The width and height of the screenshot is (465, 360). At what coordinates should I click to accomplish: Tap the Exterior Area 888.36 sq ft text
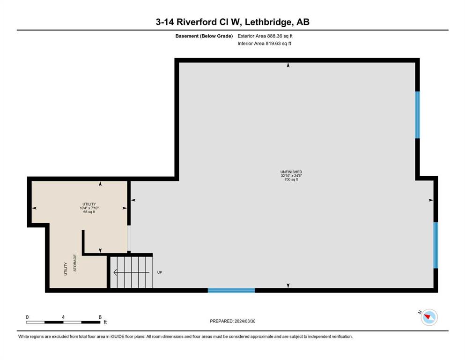point(265,36)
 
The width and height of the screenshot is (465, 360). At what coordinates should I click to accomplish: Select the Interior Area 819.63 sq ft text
point(264,43)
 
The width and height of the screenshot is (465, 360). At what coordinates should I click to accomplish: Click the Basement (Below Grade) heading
point(204,36)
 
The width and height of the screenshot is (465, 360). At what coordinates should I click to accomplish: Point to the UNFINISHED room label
point(291,172)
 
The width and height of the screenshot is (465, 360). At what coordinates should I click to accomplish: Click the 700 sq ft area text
point(291,180)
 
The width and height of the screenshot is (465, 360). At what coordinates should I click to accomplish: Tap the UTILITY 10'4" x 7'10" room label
point(89,206)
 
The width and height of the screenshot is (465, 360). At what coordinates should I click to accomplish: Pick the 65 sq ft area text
point(89,212)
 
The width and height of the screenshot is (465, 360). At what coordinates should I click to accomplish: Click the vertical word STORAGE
point(75,263)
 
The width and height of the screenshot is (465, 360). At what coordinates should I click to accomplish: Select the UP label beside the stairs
point(160,272)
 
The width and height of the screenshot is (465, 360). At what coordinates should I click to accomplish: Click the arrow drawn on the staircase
point(132,272)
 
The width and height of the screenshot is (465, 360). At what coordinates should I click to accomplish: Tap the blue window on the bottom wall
point(231,290)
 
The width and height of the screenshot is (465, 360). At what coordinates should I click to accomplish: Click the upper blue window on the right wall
point(417,115)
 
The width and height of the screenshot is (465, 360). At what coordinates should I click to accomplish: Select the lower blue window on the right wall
point(435,245)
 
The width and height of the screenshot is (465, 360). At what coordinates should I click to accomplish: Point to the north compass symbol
point(429,317)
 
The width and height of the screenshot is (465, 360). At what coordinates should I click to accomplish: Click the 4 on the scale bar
point(63,317)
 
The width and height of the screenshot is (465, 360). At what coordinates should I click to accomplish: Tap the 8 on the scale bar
point(100,317)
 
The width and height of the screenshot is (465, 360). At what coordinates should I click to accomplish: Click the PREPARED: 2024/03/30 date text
point(232,321)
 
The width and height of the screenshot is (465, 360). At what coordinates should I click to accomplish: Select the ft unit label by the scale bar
point(105,322)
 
